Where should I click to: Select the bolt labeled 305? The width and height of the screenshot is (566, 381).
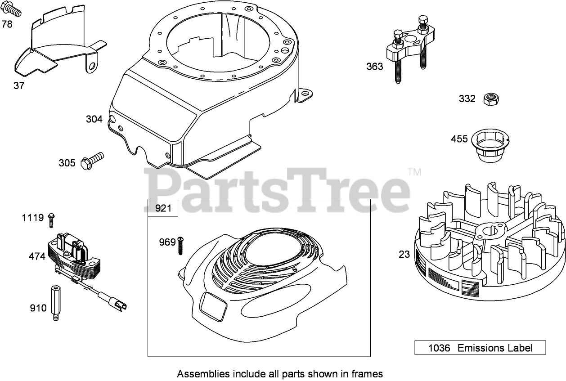tap(92, 160)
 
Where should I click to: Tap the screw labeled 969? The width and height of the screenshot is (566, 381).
tap(181, 245)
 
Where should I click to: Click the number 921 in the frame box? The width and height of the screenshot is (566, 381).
tap(163, 208)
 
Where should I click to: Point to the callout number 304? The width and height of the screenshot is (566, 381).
tap(94, 119)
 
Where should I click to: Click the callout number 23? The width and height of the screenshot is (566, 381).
tap(404, 254)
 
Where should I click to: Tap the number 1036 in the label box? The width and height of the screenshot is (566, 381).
tap(439, 348)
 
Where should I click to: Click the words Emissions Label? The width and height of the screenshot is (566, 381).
tap(495, 348)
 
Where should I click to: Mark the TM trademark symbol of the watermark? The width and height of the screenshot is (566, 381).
tap(414, 172)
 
